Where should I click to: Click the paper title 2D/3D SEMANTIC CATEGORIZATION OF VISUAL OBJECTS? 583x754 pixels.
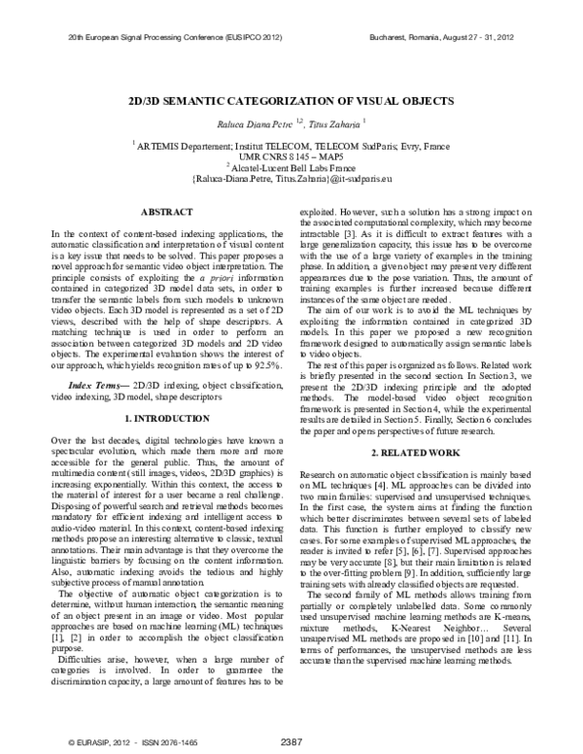[291, 100]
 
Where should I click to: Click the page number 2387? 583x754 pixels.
[291, 741]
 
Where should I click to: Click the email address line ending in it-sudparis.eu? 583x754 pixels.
[291, 179]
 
